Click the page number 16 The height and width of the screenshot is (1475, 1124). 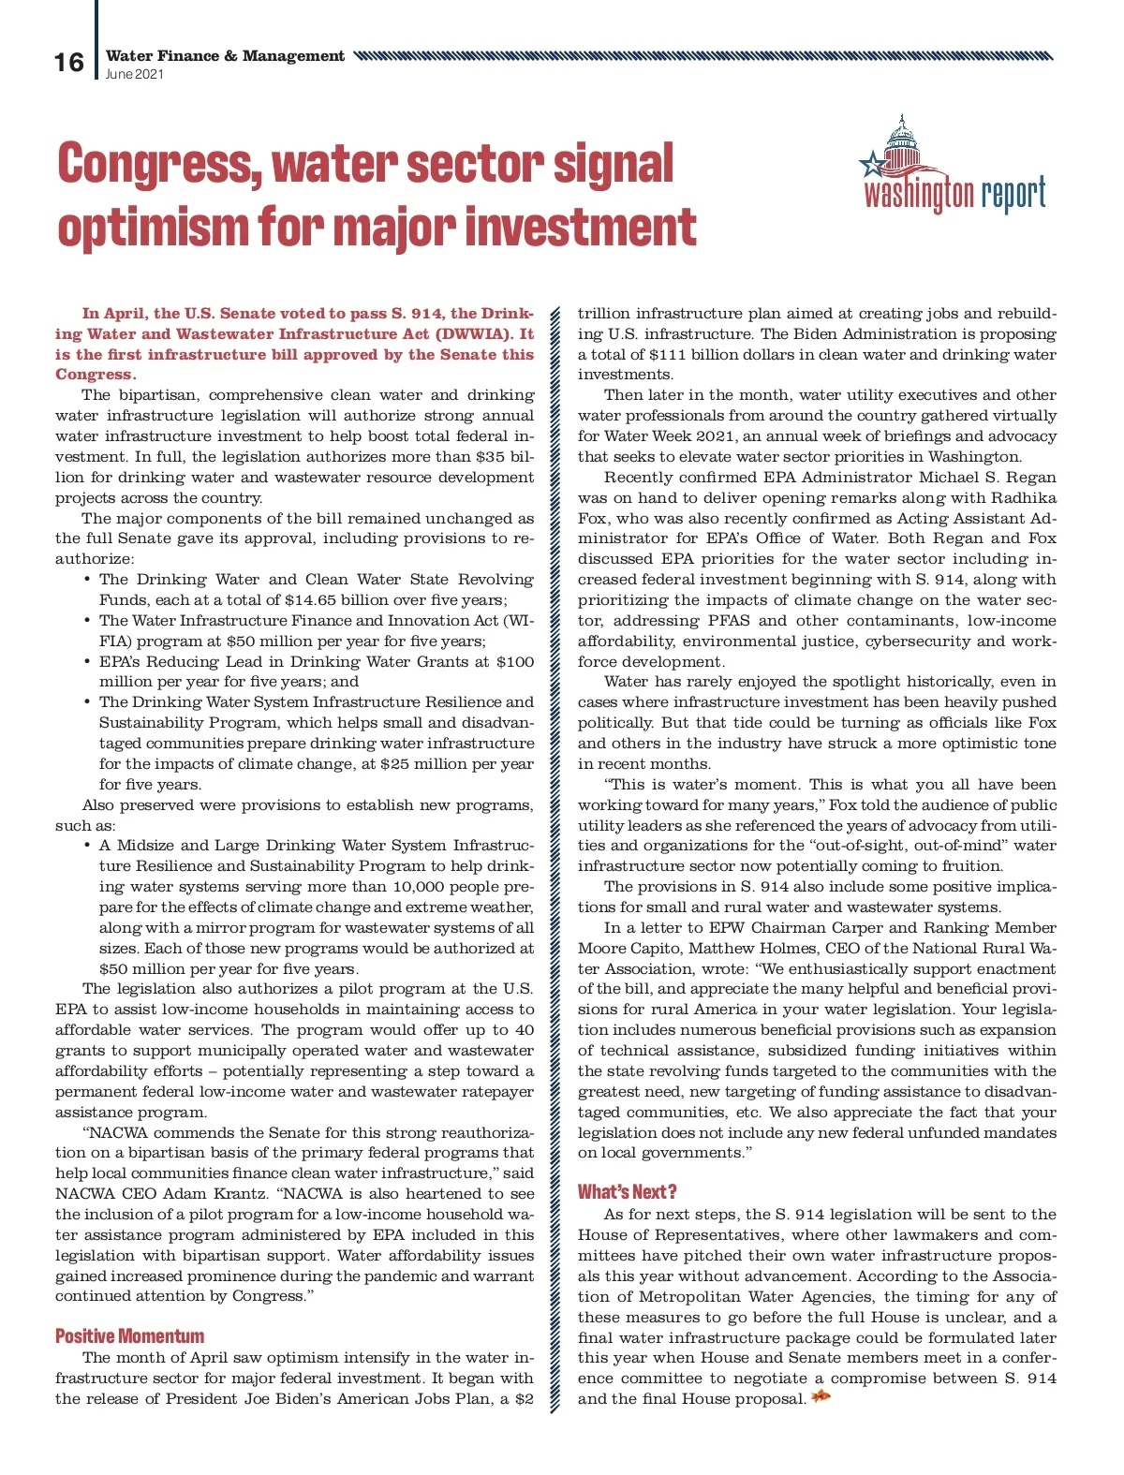(x=68, y=63)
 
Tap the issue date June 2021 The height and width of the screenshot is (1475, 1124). (x=135, y=74)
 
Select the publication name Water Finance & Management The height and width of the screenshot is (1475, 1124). (x=225, y=56)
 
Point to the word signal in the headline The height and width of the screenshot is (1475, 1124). (x=613, y=164)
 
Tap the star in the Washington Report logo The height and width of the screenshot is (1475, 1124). (x=873, y=165)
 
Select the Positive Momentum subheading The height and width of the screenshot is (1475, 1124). (x=129, y=1336)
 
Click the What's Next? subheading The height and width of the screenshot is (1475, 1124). (x=627, y=1192)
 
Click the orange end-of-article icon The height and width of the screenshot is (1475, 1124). (x=821, y=1398)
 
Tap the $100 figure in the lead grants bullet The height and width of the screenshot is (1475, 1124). (x=515, y=662)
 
